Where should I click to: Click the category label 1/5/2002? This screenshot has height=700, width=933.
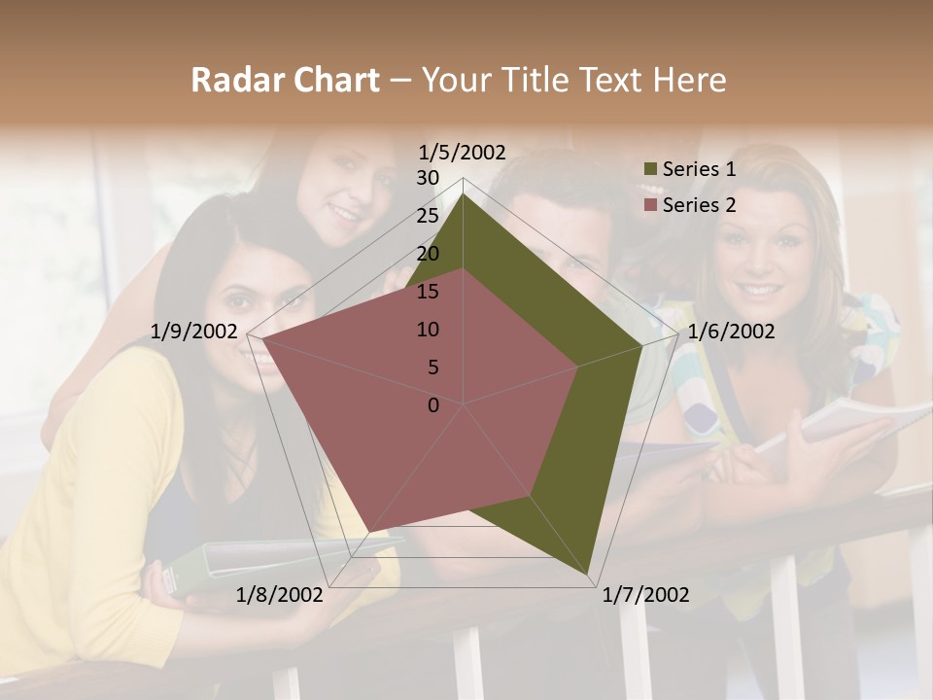click(463, 152)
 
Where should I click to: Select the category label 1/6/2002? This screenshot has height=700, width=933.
click(731, 332)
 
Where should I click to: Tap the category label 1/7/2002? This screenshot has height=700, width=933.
click(645, 595)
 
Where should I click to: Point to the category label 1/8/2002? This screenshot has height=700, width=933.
click(279, 595)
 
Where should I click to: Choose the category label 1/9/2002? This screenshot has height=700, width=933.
click(194, 332)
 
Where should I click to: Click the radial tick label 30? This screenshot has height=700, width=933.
click(428, 178)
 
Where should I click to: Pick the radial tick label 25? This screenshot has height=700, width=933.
click(428, 216)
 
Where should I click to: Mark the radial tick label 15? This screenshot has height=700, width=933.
click(428, 292)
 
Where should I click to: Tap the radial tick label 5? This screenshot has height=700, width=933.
click(432, 367)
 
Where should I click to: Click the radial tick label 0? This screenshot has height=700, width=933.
click(433, 405)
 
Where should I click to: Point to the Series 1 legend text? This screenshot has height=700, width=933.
click(699, 169)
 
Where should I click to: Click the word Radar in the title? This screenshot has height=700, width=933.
click(232, 81)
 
